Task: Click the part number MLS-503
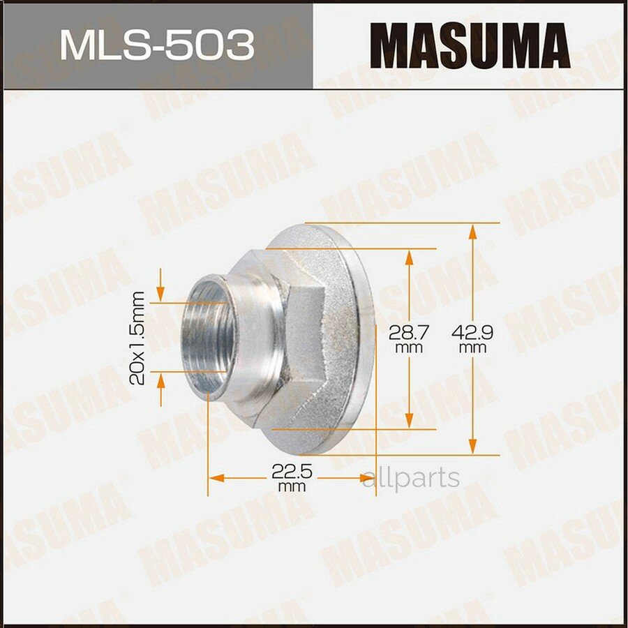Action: tap(156, 45)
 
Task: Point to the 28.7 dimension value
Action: tap(409, 333)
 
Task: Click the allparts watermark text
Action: tap(412, 478)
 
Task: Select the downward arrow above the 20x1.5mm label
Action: tap(161, 290)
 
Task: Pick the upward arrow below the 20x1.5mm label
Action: tap(161, 383)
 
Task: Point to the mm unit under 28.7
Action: tap(409, 347)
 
